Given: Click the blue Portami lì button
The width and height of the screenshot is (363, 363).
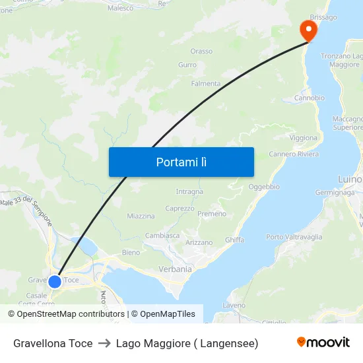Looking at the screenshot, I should (181, 162).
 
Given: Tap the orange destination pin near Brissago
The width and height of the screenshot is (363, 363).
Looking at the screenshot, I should (308, 30).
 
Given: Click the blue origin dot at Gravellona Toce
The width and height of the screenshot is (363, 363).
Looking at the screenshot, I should (55, 281).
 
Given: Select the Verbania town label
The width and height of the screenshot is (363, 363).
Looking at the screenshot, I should (175, 269).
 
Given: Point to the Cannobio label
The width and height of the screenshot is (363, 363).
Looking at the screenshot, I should (309, 98).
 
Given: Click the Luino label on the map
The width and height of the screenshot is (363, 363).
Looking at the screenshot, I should (349, 180).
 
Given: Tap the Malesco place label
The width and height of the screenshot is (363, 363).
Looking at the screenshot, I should (120, 8).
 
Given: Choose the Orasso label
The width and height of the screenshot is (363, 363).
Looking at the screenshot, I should (201, 51).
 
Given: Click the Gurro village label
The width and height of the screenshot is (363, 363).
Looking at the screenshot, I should (187, 65).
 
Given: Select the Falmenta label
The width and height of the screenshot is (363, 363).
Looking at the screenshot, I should (205, 84).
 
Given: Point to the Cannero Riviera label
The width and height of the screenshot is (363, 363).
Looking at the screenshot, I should (294, 154).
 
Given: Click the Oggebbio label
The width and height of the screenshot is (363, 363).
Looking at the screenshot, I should (264, 187).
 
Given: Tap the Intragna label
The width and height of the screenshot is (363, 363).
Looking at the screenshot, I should (189, 192).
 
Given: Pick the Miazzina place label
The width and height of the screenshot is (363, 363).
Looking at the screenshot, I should (141, 216).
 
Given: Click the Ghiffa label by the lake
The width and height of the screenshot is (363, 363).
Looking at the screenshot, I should (234, 240).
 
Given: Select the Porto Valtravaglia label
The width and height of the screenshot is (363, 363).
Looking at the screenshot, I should (294, 237).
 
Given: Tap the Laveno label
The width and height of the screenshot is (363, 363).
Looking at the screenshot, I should (234, 306).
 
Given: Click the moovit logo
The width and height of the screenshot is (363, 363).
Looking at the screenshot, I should (323, 343).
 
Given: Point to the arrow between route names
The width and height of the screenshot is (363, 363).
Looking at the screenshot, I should (104, 343).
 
